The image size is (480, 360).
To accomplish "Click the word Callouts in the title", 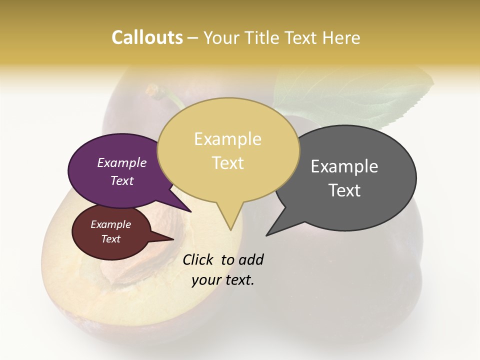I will click(x=147, y=37).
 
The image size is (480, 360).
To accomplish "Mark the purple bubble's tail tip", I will click(x=190, y=211).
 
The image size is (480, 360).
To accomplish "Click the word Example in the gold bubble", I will click(x=227, y=139).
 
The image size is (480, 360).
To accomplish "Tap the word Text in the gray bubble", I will click(x=344, y=190).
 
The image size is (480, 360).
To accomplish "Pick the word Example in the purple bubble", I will click(x=121, y=162).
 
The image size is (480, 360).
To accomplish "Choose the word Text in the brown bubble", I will click(x=110, y=239).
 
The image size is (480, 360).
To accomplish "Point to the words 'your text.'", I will click(x=223, y=280).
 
